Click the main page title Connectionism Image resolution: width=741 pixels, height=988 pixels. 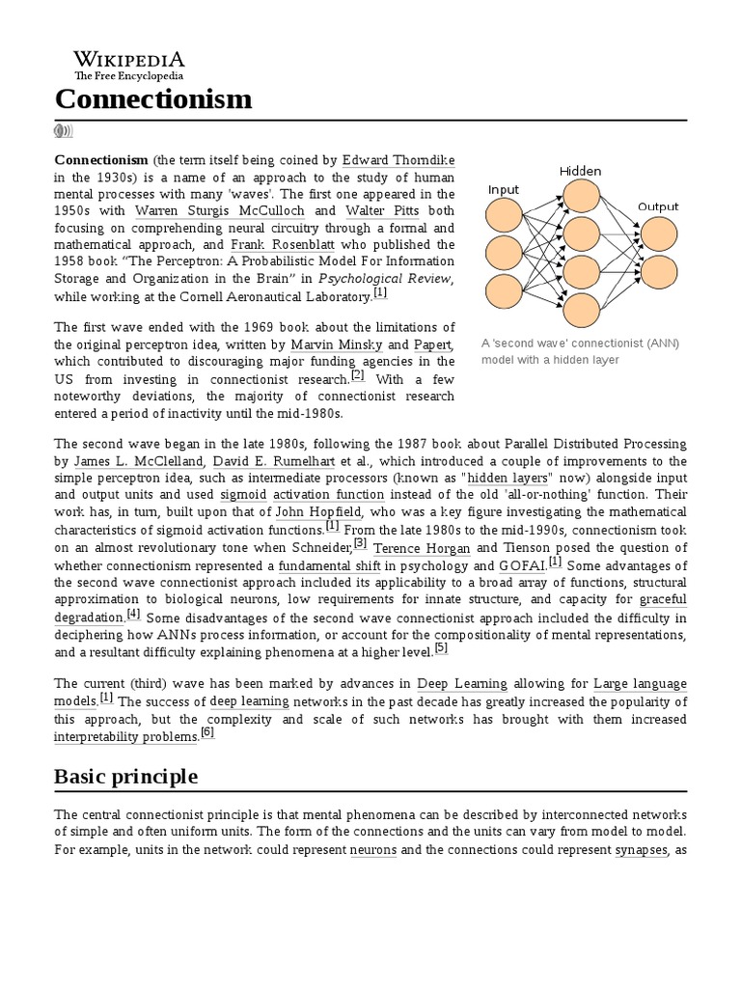153,98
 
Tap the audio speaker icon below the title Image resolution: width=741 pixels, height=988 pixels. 64,131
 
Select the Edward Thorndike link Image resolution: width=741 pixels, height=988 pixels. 398,159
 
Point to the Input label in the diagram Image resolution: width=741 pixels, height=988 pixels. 504,189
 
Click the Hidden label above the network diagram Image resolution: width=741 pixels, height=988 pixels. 579,171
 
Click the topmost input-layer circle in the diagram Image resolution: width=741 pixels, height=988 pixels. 504,218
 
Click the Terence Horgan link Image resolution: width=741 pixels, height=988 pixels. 409,547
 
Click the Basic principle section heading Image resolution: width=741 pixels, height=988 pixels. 126,776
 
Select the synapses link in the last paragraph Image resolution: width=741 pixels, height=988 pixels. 641,850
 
